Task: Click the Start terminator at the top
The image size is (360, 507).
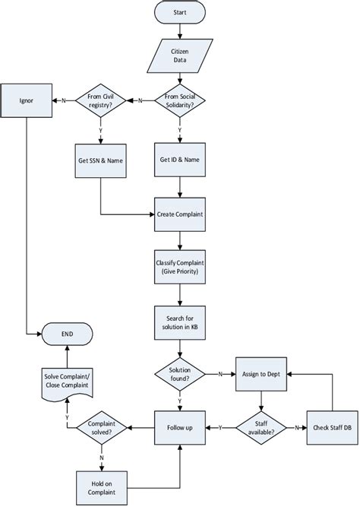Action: coord(179,13)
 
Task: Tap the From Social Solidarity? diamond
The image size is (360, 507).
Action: coord(179,99)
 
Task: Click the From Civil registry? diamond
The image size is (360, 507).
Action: coord(102,99)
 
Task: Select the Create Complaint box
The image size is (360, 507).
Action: coord(179,214)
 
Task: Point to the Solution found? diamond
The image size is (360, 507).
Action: coord(179,374)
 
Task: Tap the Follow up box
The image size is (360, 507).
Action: coord(179,428)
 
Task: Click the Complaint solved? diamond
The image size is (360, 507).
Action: coord(102,428)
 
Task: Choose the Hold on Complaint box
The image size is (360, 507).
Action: coord(102,483)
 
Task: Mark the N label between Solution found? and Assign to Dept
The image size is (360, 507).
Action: coord(220,374)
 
